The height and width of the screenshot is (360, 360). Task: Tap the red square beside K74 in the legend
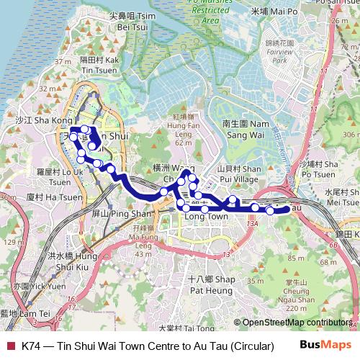(x=10, y=346)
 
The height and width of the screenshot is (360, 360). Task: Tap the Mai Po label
(x=274, y=12)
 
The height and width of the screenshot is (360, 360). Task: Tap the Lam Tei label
(x=26, y=314)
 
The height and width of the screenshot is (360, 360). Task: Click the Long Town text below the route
(x=207, y=216)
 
